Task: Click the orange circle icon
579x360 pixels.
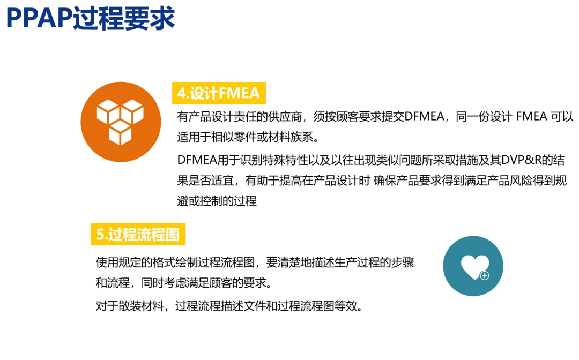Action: tap(121, 122)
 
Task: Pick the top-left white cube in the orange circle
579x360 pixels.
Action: tap(108, 111)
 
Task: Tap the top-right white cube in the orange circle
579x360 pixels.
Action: tap(132, 111)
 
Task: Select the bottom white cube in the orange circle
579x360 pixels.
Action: tap(120, 132)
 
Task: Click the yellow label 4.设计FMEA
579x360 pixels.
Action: tap(218, 94)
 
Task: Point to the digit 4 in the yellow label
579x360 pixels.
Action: tap(181, 94)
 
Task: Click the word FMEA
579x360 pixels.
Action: tap(239, 94)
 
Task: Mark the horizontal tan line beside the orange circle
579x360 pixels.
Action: tap(365, 152)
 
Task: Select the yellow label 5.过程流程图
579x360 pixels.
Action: tap(138, 235)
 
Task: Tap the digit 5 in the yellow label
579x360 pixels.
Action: tap(100, 235)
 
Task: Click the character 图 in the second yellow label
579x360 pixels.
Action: tap(173, 235)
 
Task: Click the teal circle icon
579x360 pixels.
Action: tap(473, 266)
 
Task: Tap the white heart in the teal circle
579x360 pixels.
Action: tap(474, 266)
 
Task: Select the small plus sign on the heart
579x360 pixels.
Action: tap(485, 275)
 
